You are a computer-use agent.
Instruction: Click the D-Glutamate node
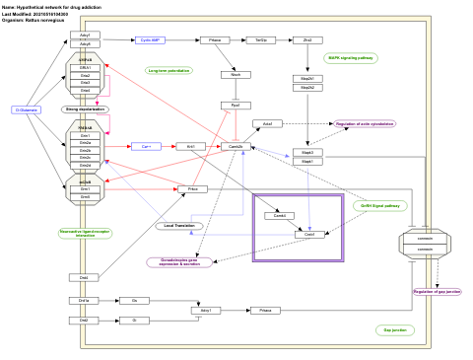(27, 109)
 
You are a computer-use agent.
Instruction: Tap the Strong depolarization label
(85, 109)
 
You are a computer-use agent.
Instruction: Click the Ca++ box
(146, 146)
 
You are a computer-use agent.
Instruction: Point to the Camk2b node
(236, 146)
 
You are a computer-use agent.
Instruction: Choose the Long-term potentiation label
(169, 71)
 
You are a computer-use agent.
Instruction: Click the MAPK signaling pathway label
(350, 58)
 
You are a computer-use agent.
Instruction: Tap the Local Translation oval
(178, 226)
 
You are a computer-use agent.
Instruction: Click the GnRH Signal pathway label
(380, 206)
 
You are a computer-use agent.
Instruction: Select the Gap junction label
(394, 329)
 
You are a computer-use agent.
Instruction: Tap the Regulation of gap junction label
(436, 292)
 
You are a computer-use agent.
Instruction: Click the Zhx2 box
(307, 40)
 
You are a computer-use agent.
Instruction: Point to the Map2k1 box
(307, 78)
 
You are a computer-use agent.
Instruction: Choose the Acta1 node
(267, 124)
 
